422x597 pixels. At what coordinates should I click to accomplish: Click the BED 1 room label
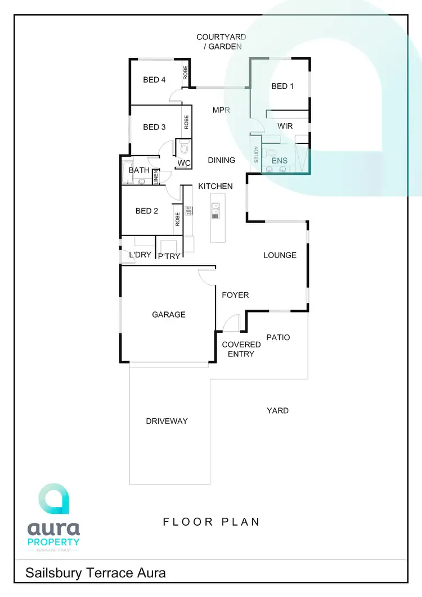[x=282, y=86]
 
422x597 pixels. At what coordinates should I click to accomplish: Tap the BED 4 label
[x=154, y=80]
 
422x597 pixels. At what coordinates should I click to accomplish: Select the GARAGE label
[x=168, y=315]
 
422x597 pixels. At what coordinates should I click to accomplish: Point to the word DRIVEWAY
[x=167, y=421]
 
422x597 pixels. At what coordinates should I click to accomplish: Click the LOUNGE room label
[x=280, y=255]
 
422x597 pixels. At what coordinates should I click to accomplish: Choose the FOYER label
[x=235, y=295]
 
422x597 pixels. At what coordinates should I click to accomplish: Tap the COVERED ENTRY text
[x=241, y=349]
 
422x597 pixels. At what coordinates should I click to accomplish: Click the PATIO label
[x=278, y=337]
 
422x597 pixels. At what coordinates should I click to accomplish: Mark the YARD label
[x=277, y=411]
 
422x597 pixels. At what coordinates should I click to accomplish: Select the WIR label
[x=285, y=126]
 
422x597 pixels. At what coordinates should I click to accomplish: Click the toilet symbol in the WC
[x=183, y=148]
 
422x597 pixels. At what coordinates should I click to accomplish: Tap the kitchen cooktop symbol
[x=189, y=211]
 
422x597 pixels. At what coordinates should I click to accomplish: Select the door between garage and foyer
[x=207, y=275]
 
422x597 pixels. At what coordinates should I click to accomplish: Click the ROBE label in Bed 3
[x=186, y=122]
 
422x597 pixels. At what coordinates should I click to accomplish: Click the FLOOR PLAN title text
[x=212, y=522]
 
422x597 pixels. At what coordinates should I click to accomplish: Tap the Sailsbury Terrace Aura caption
[x=96, y=573]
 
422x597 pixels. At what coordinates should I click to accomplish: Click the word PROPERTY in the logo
[x=54, y=542]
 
